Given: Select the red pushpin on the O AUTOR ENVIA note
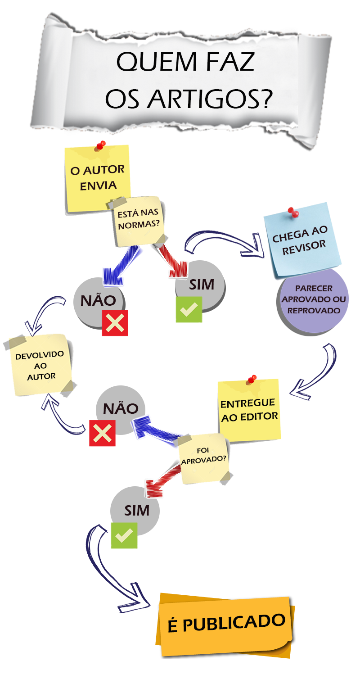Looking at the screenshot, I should point(101,146).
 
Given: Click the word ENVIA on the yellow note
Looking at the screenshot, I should point(98,185).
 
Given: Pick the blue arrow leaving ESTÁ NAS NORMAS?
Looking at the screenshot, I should point(120,266).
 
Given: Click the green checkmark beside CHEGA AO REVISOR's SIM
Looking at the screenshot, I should point(189,309).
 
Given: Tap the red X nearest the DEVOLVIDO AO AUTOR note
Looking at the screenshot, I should point(115,322).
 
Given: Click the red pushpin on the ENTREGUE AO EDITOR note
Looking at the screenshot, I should point(252,379).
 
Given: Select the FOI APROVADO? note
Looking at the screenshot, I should point(203,458).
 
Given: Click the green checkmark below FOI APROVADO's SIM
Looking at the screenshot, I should point(124,535).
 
